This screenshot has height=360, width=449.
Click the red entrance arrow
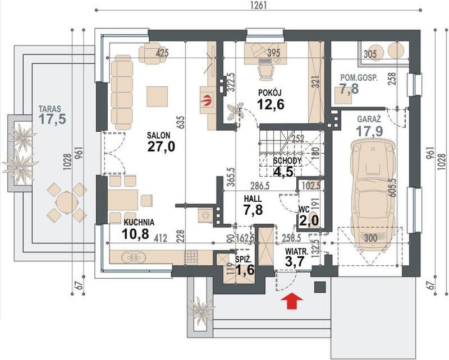[292, 301]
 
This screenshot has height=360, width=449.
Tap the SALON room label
[159, 135]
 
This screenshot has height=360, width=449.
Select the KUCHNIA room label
[139, 223]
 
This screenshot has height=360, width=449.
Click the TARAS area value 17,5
[53, 119]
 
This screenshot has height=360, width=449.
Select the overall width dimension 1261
[259, 5]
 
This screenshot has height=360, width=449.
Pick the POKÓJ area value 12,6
[271, 104]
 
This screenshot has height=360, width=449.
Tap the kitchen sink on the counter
[133, 257]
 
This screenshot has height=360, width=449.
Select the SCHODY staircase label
[287, 160]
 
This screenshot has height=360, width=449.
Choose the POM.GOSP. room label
[359, 77]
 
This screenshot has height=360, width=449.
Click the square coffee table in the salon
[157, 96]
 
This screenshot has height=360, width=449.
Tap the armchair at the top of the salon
[149, 53]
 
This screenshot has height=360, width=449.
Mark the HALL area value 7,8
[253, 210]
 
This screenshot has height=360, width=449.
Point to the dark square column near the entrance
[320, 287]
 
